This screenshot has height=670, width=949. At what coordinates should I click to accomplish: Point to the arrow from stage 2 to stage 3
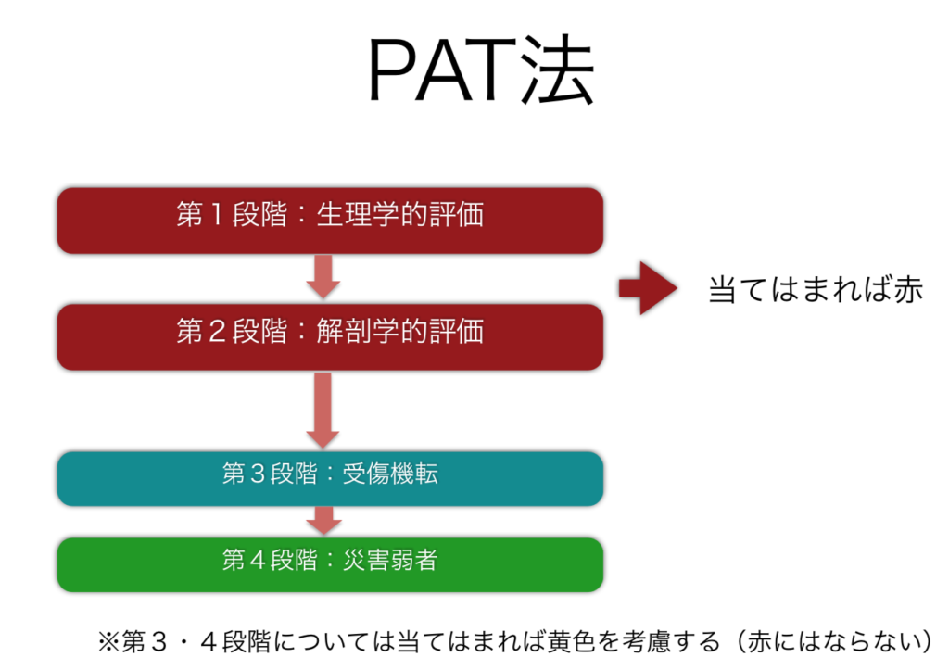coord(323,409)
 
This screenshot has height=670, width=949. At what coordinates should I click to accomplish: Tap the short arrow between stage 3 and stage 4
coord(323,520)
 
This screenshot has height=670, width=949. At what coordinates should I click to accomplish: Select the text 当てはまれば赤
coord(816,289)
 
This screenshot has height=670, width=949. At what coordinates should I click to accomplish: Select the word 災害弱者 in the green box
coord(390,561)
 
